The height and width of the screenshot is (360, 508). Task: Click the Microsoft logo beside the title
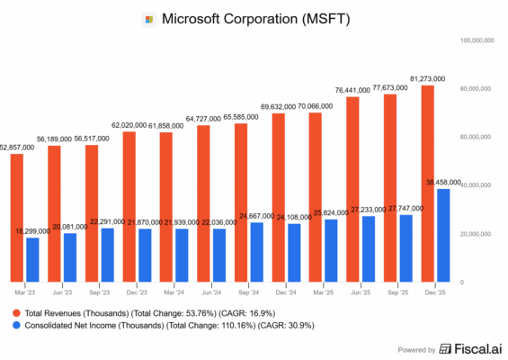coord(149,19)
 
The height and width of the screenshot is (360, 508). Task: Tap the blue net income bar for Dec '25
coord(443,235)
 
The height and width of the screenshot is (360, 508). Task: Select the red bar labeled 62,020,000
coord(130,207)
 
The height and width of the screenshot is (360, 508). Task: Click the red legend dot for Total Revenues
coord(14,311)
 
